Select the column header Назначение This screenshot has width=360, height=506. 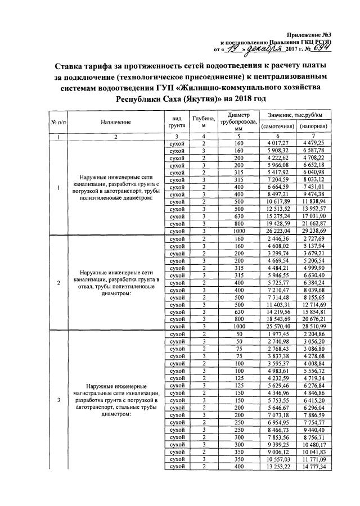click(x=116, y=122)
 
